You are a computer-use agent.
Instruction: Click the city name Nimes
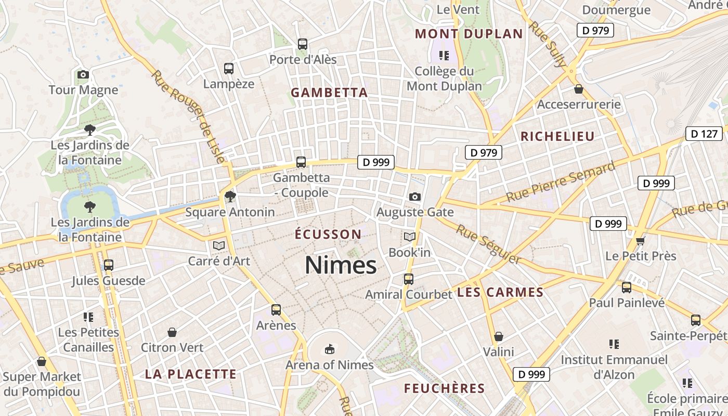click(341, 265)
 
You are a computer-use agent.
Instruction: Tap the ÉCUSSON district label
click(328, 235)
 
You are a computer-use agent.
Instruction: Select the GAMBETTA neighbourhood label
click(329, 93)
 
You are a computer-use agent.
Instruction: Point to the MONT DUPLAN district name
click(469, 34)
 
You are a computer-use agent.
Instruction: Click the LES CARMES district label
click(500, 292)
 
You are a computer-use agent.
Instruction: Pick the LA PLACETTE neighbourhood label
click(190, 374)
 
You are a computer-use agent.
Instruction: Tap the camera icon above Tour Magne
click(83, 75)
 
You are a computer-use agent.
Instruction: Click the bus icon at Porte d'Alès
click(303, 44)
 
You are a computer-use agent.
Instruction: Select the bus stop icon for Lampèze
click(229, 69)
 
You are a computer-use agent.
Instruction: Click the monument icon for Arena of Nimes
click(329, 349)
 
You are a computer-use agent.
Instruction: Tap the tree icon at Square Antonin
click(230, 197)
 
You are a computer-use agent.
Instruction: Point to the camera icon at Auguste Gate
click(414, 197)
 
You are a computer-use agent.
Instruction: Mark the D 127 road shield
click(704, 134)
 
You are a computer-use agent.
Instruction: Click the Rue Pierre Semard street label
click(561, 183)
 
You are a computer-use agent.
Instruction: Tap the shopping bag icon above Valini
click(499, 336)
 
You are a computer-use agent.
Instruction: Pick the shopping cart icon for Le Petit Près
click(641, 240)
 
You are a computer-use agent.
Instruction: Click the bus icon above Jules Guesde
click(108, 265)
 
